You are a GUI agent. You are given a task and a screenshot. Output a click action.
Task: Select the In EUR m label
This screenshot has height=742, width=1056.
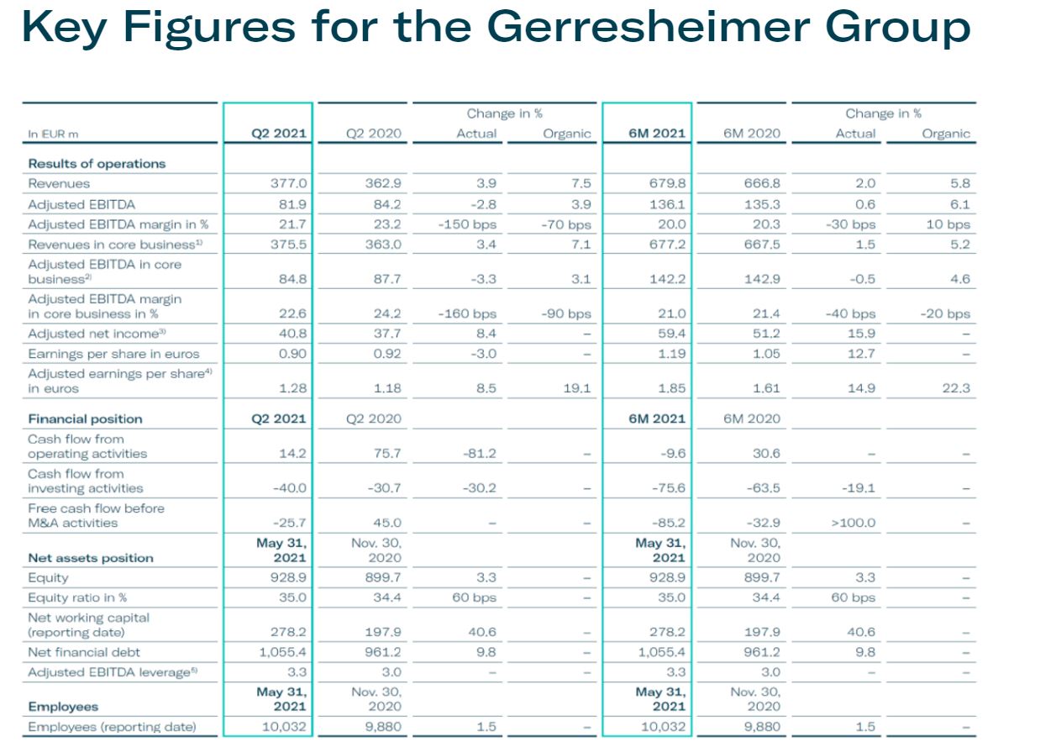tap(54, 134)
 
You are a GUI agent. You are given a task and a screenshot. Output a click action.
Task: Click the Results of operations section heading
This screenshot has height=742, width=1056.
tap(97, 163)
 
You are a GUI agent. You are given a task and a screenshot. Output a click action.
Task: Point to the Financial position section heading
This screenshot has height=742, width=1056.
tap(85, 418)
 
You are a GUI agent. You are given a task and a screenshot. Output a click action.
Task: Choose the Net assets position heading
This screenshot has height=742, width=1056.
tap(91, 558)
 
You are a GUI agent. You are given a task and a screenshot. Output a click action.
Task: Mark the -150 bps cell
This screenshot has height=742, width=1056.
tap(467, 224)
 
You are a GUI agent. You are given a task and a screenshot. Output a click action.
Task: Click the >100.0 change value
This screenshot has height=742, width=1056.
tap(853, 523)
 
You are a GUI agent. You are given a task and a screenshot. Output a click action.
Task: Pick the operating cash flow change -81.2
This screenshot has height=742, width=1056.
tap(480, 454)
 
